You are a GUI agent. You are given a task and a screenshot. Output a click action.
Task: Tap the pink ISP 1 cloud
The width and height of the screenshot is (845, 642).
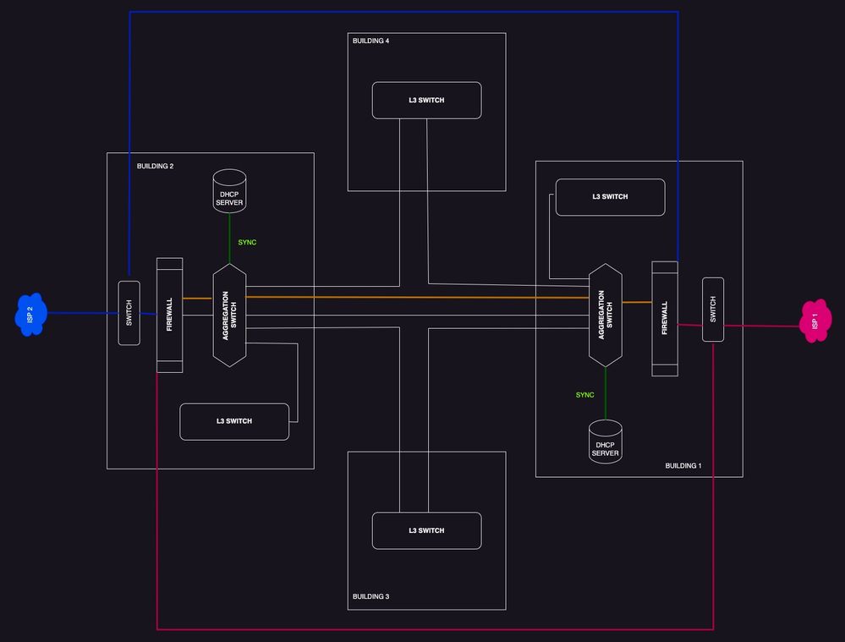point(815,321)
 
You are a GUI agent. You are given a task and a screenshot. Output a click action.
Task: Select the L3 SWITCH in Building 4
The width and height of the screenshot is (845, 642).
point(426,101)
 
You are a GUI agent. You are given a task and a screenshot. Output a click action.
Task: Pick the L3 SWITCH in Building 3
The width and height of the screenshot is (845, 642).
point(426,531)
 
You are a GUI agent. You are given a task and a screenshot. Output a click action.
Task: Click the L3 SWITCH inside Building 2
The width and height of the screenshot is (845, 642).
point(234,421)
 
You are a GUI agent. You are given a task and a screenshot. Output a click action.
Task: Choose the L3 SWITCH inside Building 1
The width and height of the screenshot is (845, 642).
point(610,197)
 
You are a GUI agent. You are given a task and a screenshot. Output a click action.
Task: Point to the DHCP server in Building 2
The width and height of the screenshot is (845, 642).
point(229,191)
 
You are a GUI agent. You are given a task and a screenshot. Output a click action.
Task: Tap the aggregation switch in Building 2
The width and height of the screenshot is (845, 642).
point(229,315)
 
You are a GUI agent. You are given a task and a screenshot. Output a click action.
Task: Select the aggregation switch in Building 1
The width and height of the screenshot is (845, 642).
point(606,315)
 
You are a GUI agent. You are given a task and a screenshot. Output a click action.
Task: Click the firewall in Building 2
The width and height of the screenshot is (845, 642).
point(170,315)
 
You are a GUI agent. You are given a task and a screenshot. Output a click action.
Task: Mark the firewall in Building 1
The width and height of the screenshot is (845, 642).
point(665,318)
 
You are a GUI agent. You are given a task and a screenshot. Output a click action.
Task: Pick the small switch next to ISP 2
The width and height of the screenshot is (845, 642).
point(129,313)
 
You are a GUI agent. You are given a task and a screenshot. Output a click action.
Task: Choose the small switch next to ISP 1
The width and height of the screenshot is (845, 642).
point(713,310)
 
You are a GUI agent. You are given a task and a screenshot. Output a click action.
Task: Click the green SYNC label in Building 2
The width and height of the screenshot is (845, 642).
point(247,243)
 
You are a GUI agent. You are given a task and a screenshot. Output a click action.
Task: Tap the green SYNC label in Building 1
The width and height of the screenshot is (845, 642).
point(584,395)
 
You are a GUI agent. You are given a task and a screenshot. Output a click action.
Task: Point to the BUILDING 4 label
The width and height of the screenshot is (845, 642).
point(370,41)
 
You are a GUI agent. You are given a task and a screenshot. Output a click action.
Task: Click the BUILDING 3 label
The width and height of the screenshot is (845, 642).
point(370,597)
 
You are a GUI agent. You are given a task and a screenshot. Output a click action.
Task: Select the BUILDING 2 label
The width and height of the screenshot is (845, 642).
point(155,166)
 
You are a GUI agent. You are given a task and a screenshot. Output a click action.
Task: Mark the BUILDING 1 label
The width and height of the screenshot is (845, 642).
point(683,466)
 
